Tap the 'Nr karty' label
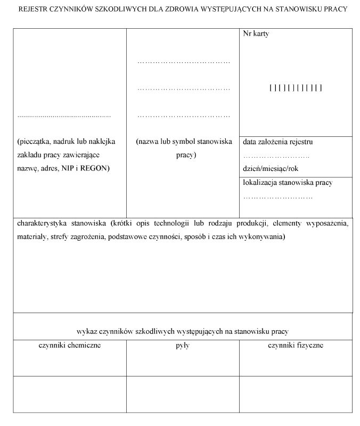point(256,34)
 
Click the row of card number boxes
point(296,88)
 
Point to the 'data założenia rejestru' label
point(277,142)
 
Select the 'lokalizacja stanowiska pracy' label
point(288,183)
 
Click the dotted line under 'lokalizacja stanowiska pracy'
point(277,197)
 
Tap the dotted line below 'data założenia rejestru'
point(276,156)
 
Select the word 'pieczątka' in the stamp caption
point(36,142)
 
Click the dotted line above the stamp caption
point(64,116)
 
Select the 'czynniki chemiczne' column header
point(70,346)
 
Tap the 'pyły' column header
point(183,346)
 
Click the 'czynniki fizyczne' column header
point(296,346)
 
